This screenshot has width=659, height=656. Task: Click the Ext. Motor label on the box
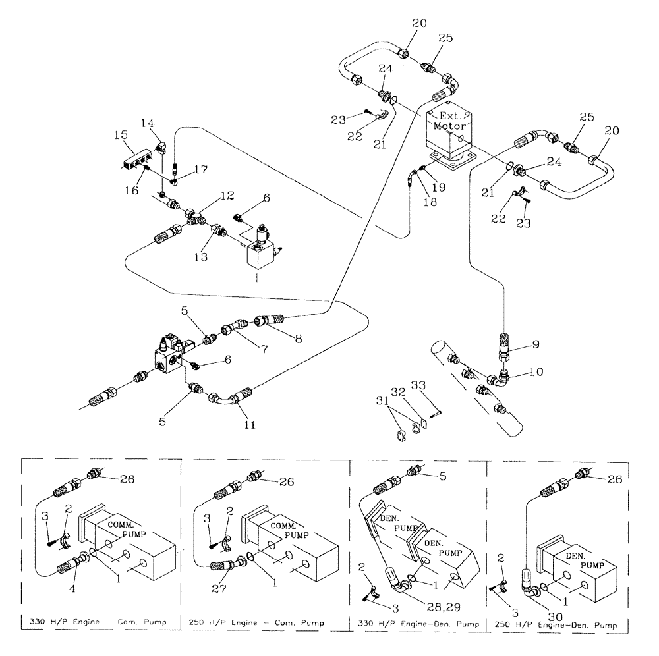pos(448,119)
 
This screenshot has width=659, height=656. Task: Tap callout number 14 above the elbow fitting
pos(147,123)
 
